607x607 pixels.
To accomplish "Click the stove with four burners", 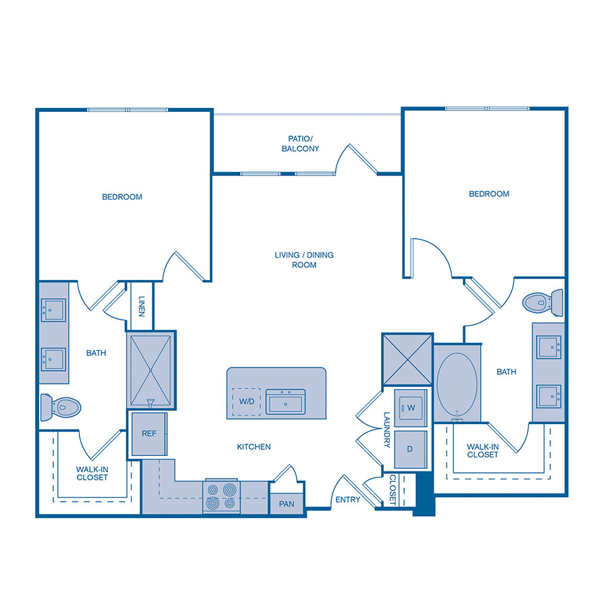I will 222,496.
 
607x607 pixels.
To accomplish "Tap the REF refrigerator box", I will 148,434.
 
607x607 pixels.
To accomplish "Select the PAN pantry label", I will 286,504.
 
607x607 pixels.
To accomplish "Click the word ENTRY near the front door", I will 348,500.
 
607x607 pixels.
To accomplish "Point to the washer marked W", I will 411,407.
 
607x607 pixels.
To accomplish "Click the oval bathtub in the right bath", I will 457,383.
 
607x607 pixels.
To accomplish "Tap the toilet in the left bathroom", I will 61,407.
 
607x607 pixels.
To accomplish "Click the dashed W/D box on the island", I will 246,402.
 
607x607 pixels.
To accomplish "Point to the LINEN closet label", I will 142,306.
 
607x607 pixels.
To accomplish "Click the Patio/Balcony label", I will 300,143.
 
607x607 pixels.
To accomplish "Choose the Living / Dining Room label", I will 304,260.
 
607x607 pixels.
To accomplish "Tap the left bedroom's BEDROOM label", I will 122,197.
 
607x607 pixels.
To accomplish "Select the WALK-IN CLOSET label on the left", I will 92,473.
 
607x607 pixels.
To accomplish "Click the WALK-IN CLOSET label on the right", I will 482,450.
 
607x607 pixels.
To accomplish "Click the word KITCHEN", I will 254,446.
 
